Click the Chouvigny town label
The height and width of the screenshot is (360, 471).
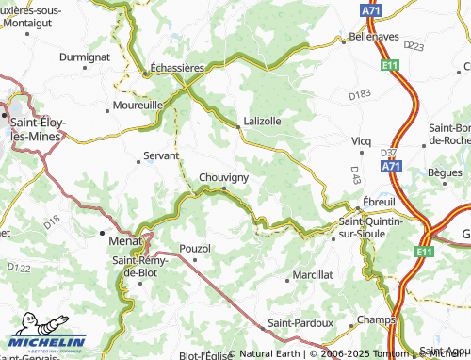click(223, 176)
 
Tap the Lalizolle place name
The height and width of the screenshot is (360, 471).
click(262, 121)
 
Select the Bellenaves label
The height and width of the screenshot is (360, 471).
click(373, 34)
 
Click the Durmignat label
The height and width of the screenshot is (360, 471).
click(85, 57)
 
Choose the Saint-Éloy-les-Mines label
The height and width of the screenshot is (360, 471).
click(34, 129)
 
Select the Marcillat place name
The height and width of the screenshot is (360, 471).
click(313, 274)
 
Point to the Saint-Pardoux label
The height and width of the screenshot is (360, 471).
click(300, 322)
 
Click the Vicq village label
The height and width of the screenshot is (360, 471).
click(362, 140)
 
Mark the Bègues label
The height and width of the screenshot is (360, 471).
click(445, 172)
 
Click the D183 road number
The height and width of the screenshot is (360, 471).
click(359, 95)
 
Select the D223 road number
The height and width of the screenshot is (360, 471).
click(414, 44)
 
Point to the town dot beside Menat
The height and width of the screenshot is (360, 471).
click(103, 232)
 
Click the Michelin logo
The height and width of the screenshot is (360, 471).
click(44, 341)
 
